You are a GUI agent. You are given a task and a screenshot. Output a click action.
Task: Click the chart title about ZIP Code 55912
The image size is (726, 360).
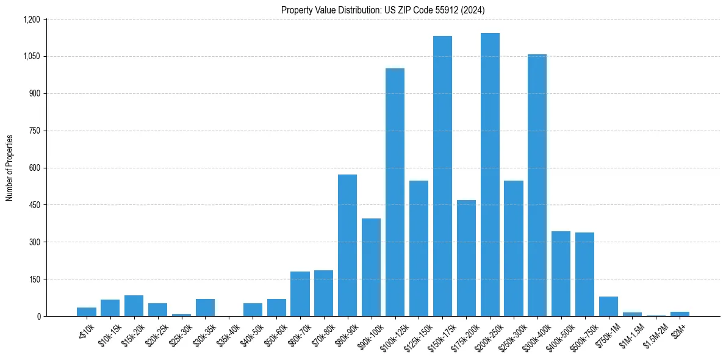pos(383,10)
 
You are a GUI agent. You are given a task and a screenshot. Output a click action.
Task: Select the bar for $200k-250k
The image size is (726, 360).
pos(490,175)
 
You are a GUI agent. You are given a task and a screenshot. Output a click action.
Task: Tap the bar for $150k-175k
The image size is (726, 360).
pos(442,176)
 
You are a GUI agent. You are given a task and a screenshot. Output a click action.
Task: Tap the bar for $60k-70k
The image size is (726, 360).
pos(300,293)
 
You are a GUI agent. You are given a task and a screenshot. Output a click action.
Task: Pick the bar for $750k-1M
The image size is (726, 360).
pos(608,306)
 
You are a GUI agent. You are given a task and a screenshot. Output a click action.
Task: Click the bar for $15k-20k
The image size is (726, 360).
pos(134,306)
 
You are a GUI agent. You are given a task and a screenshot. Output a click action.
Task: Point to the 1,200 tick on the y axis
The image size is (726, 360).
pos(31,20)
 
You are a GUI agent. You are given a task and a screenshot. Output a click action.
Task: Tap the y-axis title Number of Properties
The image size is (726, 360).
pos(10,168)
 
